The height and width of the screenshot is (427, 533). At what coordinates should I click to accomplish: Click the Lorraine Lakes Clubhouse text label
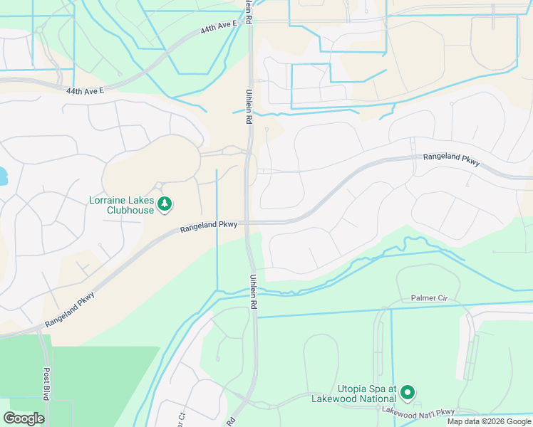pos(121,205)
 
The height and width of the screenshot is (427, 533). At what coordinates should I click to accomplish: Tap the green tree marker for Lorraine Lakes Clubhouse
pos(165,205)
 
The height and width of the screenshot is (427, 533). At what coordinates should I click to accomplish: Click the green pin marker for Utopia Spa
pos(408,392)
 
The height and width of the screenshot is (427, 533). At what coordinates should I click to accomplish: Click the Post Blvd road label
pos(46,385)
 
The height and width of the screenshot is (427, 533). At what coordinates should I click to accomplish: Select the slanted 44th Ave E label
pos(218,27)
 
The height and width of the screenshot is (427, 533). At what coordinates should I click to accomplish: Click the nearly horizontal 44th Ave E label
pos(86,91)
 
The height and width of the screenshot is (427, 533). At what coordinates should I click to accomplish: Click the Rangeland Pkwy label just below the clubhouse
pos(208,226)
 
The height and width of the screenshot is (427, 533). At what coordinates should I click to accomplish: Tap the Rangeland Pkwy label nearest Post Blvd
pos(71,310)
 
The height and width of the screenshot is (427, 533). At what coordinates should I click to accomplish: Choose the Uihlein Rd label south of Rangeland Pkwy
pos(252,292)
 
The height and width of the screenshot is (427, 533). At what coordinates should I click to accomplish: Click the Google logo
pos(24,418)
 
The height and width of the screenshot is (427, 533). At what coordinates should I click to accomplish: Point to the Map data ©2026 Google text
pos(489,421)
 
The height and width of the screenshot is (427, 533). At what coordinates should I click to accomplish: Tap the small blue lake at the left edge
pos(2,174)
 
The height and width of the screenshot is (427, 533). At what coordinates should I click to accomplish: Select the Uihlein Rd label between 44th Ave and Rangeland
pos(249,110)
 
